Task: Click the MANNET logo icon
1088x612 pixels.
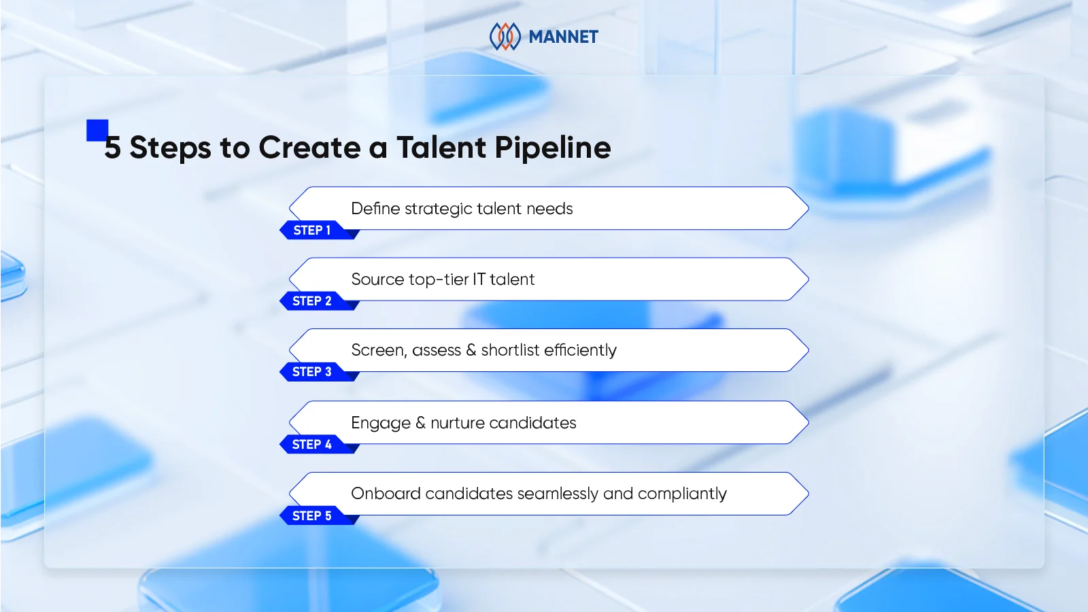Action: tap(505, 37)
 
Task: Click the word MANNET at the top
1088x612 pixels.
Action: tap(563, 37)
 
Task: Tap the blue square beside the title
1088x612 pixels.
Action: tap(97, 129)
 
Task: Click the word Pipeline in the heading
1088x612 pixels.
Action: tap(552, 148)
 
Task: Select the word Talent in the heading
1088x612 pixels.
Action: tap(441, 148)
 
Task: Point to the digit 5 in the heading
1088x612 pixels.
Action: tap(113, 148)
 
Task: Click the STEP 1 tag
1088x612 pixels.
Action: tap(312, 231)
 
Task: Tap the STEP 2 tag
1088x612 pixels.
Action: tap(312, 301)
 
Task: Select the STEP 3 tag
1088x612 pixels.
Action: tap(312, 372)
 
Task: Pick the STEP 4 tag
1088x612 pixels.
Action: tap(312, 445)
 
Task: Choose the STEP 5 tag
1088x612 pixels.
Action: tap(312, 516)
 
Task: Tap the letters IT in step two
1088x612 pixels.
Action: tap(479, 279)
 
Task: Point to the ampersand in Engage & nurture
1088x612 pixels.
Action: tap(420, 423)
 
